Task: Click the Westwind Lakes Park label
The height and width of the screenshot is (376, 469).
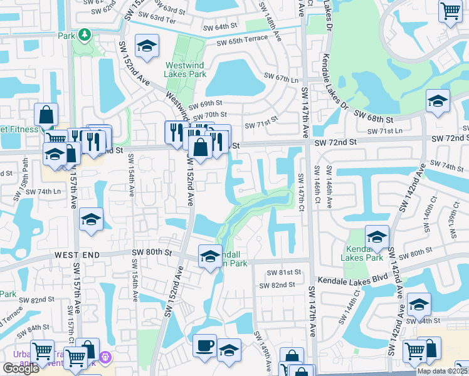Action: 186,70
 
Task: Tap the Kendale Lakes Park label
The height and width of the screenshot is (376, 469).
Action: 365,253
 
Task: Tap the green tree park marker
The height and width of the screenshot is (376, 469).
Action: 84,36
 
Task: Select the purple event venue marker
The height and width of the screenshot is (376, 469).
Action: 105,357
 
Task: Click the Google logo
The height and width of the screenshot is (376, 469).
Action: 20,368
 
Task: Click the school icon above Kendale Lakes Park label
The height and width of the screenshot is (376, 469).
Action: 377,237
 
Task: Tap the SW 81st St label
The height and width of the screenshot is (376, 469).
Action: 284,273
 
